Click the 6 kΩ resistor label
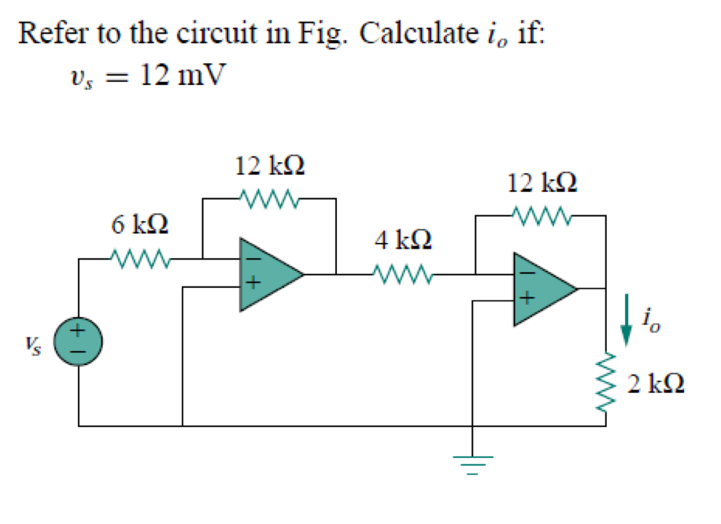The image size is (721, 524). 139,225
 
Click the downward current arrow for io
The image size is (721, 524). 627,319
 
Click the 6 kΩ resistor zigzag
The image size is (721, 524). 139,257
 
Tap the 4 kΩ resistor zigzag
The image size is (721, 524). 403,275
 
